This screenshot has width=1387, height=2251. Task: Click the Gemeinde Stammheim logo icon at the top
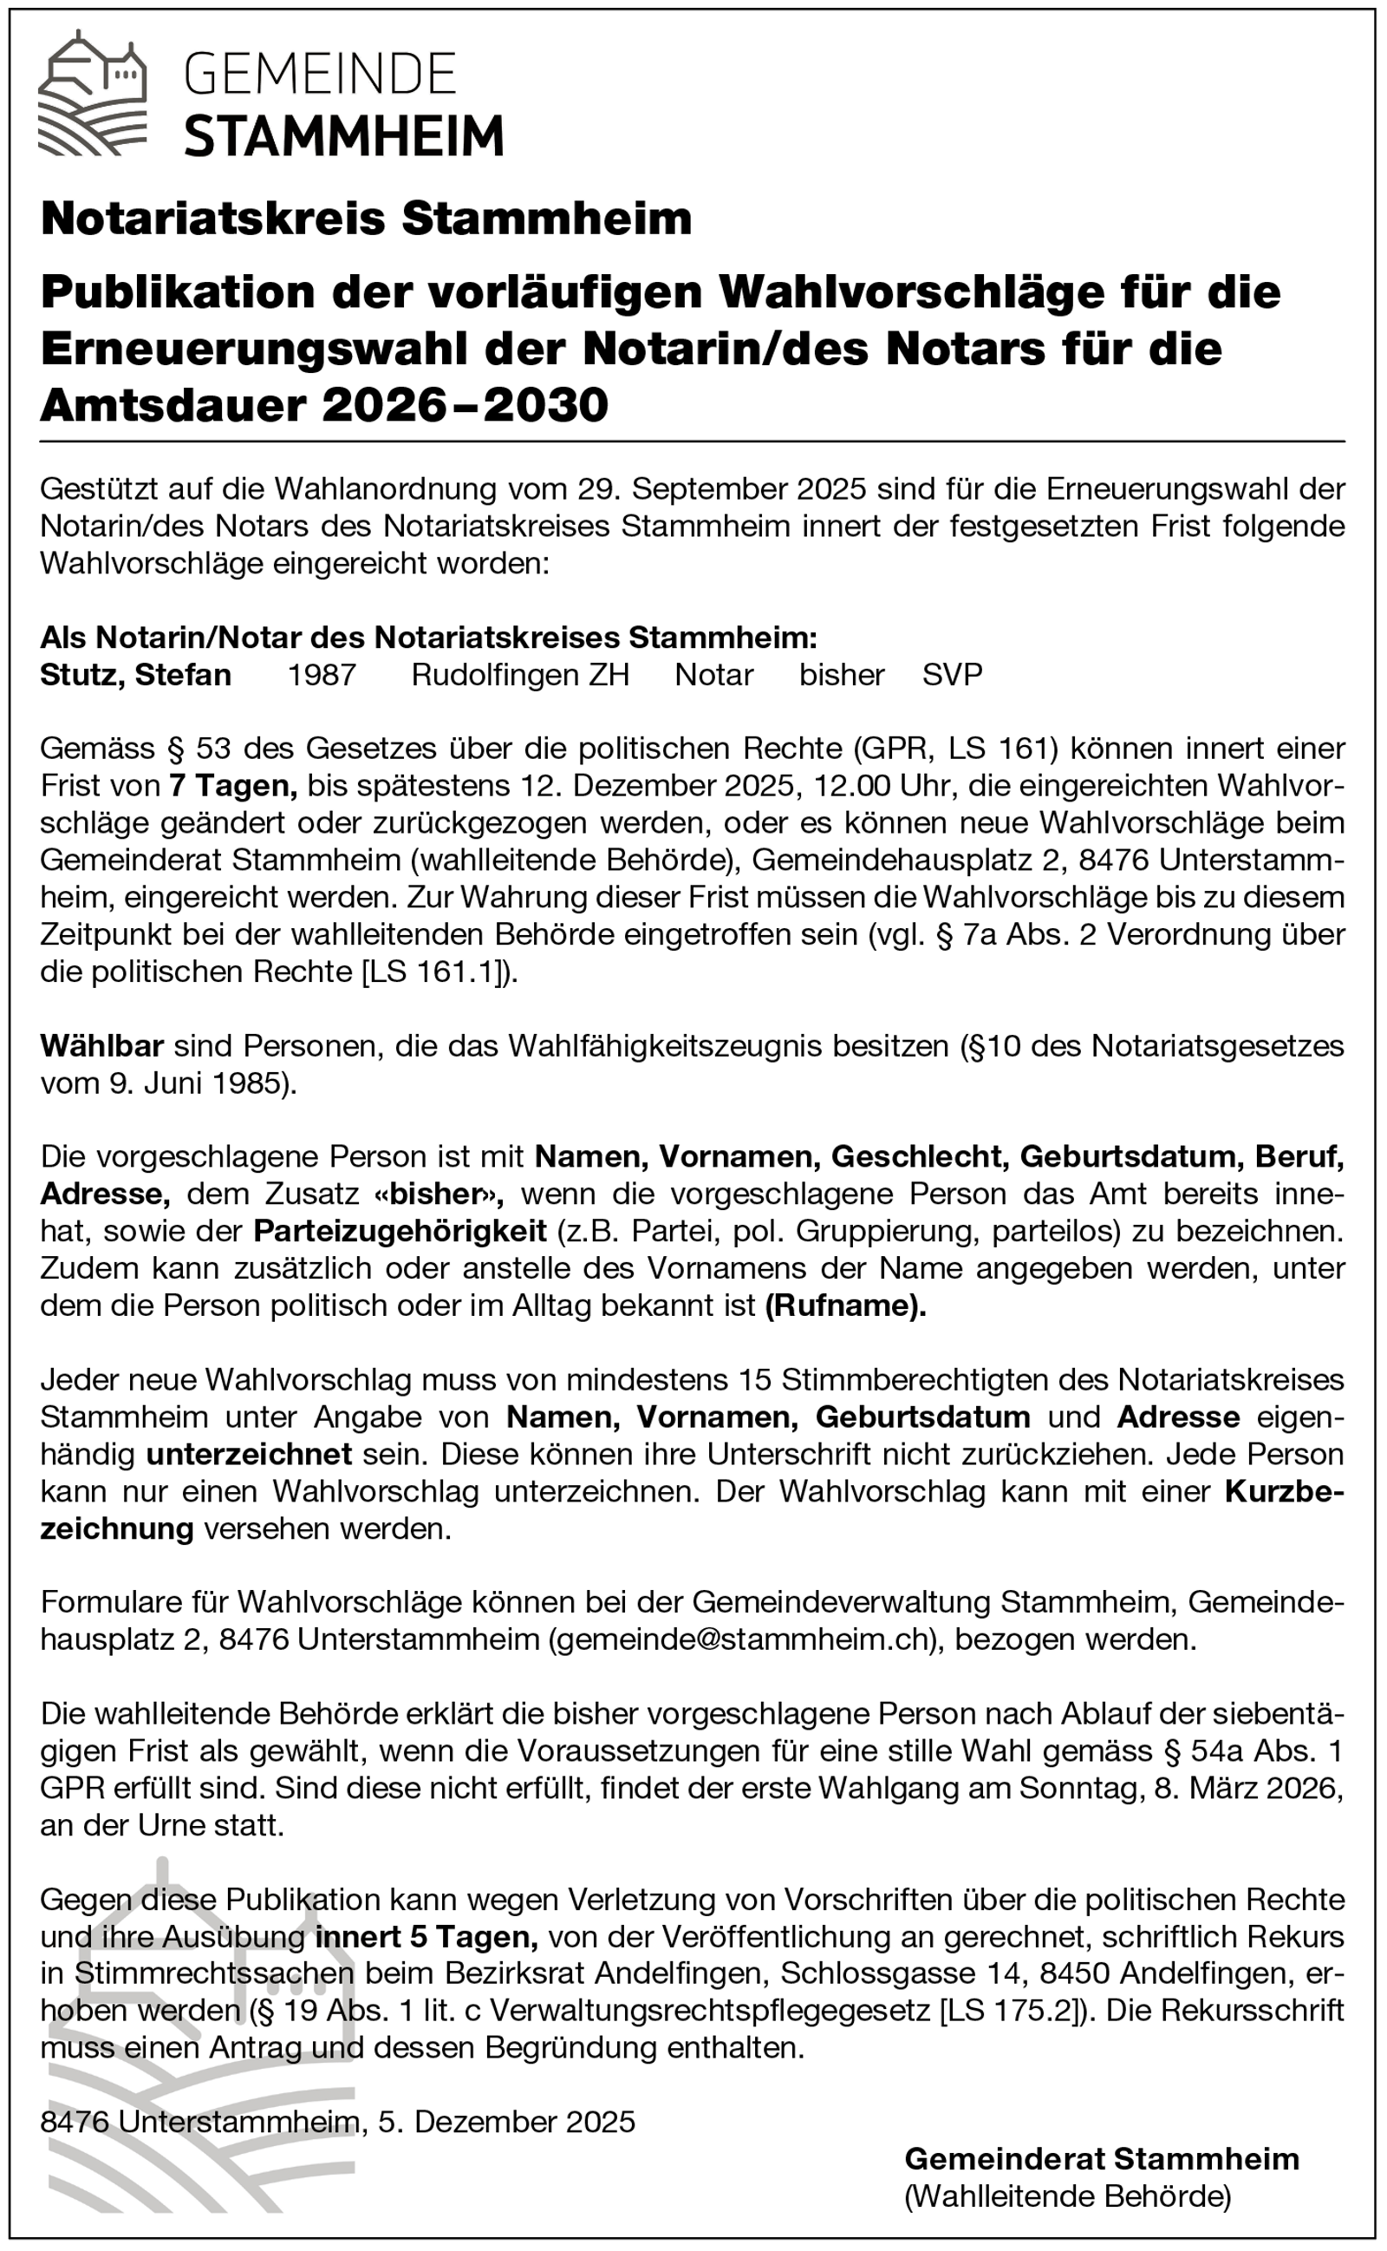[92, 92]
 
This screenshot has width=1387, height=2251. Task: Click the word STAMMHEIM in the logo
[344, 136]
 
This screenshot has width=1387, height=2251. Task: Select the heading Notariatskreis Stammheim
[366, 219]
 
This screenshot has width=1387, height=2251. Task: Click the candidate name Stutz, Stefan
[136, 675]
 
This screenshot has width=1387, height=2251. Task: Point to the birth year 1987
[321, 675]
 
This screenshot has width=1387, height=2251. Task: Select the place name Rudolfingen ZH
[520, 675]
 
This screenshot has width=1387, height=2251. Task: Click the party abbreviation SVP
[952, 675]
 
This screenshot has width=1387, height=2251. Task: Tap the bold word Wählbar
[101, 1045]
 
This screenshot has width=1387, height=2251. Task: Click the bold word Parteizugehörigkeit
[400, 1231]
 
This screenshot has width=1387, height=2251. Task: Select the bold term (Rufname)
[846, 1305]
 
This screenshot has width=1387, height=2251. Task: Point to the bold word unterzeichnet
[249, 1454]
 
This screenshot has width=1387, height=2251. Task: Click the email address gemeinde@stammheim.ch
[746, 1639]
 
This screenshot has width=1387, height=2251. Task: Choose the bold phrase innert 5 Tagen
[427, 1936]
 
